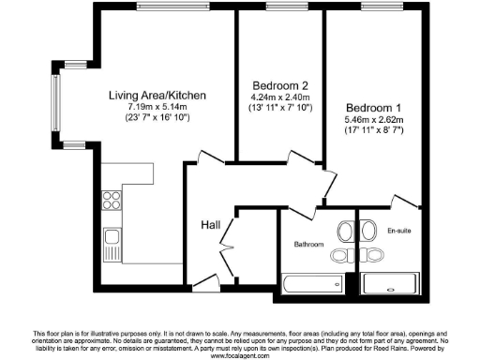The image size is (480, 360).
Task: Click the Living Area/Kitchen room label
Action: click(x=157, y=96)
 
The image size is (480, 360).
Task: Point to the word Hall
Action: click(x=211, y=225)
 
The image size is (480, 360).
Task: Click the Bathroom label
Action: click(x=308, y=245)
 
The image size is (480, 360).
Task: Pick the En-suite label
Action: click(x=398, y=230)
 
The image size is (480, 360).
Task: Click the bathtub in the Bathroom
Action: click(x=311, y=284)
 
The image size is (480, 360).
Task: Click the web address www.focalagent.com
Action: click(x=240, y=355)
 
